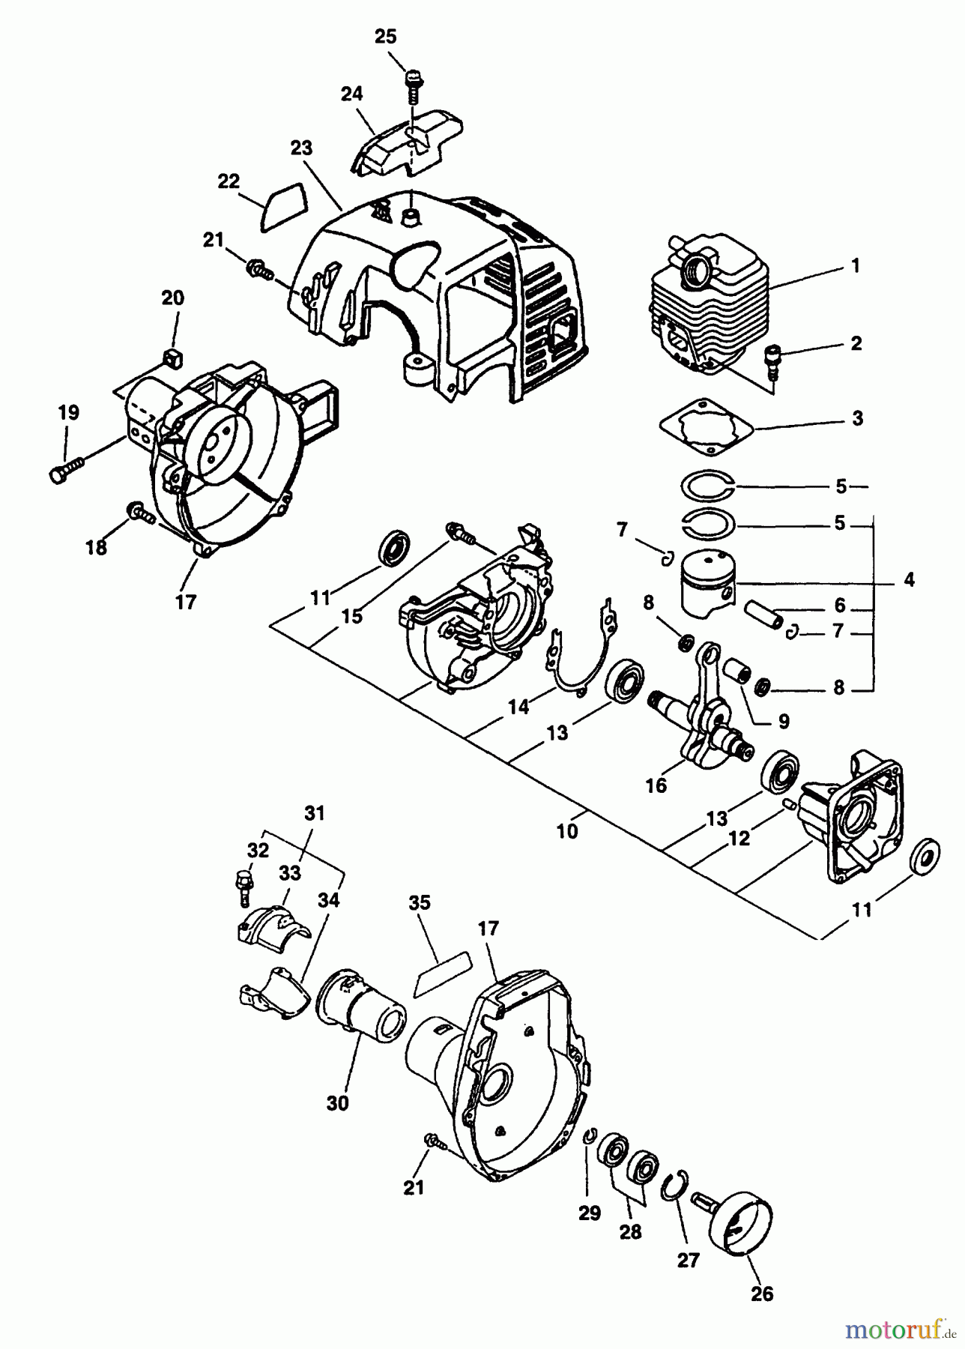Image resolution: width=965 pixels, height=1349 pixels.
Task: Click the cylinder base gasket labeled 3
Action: [x=707, y=425]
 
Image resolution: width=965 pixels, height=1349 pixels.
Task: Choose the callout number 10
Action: [x=567, y=832]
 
